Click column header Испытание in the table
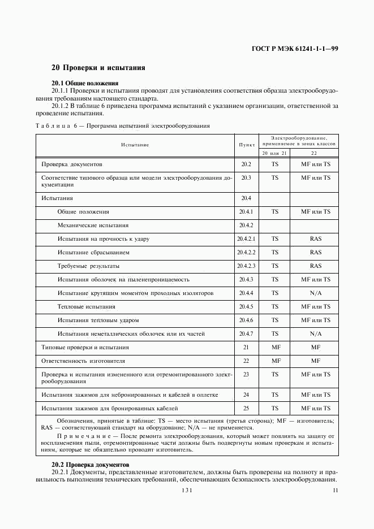135,145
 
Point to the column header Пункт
246,145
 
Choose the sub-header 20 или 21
274,153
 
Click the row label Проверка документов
72,164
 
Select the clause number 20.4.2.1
247,239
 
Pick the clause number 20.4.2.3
247,266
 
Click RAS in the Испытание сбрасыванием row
315,253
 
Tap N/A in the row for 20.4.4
315,293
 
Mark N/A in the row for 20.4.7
315,334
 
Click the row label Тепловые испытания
86,307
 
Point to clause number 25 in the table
246,408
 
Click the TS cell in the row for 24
275,394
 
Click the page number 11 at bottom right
336,491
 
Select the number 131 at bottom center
187,491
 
